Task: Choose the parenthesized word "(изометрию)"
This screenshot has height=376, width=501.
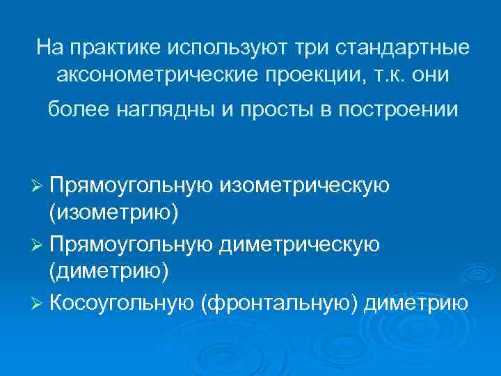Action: click(x=113, y=212)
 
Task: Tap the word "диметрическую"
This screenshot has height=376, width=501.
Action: click(x=300, y=244)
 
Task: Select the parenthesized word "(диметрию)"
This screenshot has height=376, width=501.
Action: click(x=109, y=272)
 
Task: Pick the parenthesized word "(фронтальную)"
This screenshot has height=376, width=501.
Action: click(x=278, y=303)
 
